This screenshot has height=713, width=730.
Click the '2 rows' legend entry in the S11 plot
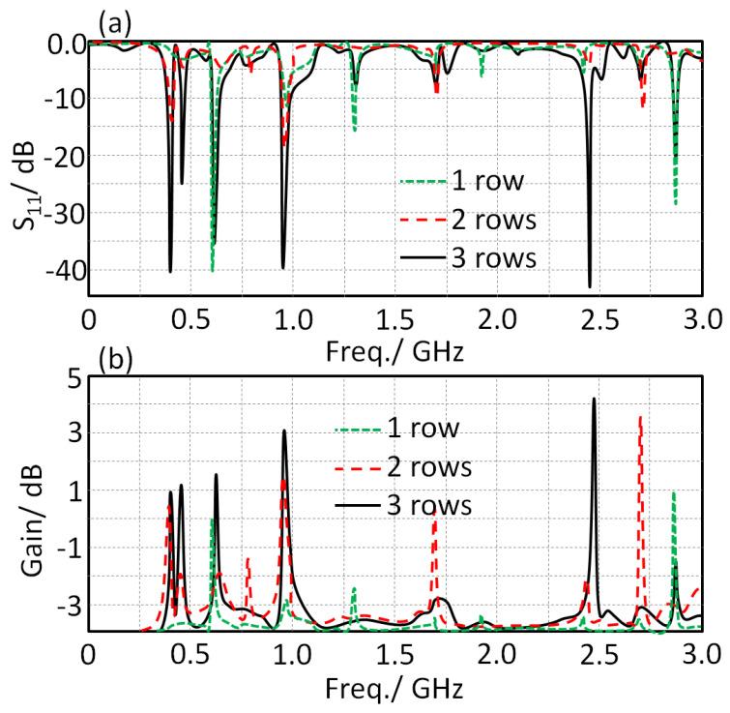click(492, 219)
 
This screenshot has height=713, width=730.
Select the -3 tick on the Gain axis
click(63, 605)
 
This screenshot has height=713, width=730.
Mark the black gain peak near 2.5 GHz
click(594, 399)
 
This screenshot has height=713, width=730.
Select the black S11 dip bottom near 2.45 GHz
click(590, 285)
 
